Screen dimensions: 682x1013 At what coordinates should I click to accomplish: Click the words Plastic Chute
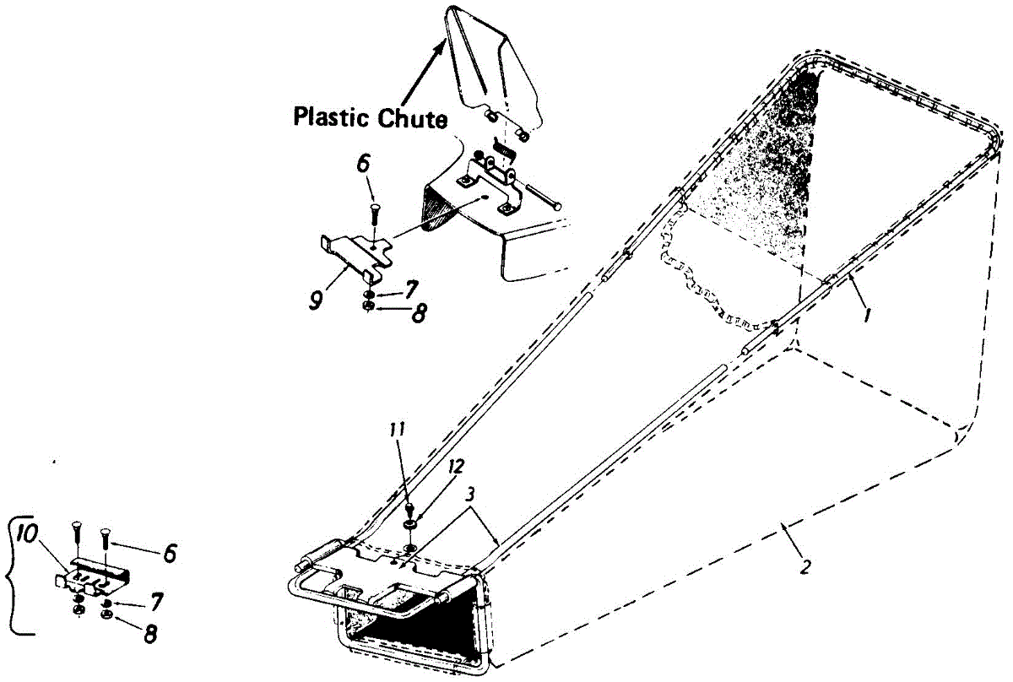point(370,117)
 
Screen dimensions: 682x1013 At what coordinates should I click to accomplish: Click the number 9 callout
point(316,300)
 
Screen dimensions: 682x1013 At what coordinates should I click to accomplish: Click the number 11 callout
point(398,430)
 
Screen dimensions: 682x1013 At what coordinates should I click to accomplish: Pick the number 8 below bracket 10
point(151,630)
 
